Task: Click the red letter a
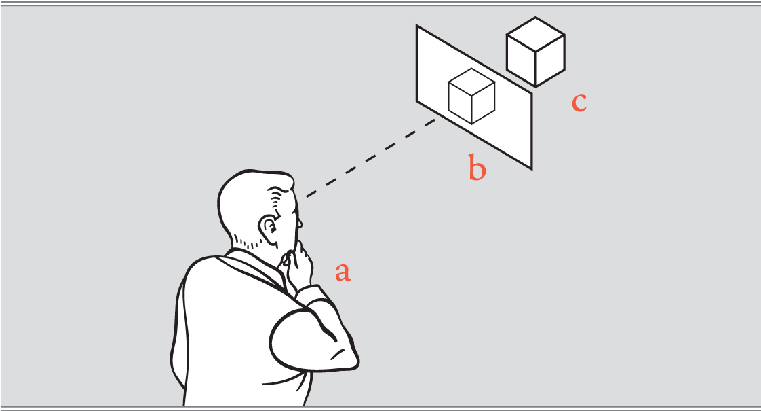click(343, 272)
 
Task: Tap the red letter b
click(477, 168)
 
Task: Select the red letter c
click(579, 102)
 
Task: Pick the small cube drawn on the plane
click(471, 96)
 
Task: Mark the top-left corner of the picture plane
click(417, 26)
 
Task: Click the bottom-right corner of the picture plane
click(531, 168)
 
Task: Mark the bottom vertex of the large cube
click(536, 87)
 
